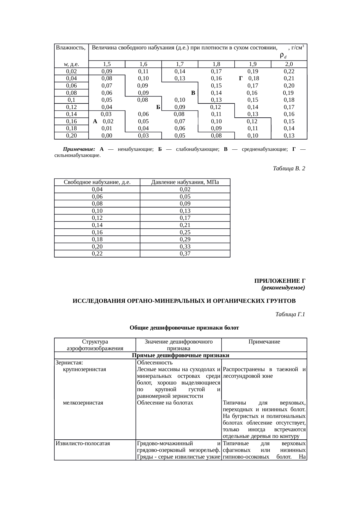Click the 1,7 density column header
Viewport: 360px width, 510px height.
click(x=180, y=64)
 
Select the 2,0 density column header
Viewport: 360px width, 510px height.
click(x=289, y=64)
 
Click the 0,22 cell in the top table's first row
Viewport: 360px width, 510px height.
click(x=289, y=71)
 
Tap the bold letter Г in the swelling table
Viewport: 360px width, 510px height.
click(x=241, y=78)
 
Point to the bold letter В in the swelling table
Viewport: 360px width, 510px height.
click(x=193, y=93)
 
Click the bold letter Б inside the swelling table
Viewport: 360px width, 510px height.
click(x=158, y=107)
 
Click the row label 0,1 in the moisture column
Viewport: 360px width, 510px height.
click(x=71, y=100)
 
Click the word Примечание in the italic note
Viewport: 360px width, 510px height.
click(x=79, y=149)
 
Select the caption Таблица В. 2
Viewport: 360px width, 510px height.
click(x=289, y=169)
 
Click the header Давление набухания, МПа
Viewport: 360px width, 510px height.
click(x=185, y=182)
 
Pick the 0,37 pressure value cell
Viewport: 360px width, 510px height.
click(x=185, y=254)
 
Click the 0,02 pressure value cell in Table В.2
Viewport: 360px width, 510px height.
click(x=185, y=189)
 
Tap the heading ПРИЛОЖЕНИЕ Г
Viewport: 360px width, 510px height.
click(x=280, y=281)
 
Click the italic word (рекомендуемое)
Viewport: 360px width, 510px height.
click(x=283, y=288)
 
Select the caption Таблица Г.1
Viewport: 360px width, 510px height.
click(x=290, y=314)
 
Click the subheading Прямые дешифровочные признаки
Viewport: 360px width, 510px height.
click(x=181, y=356)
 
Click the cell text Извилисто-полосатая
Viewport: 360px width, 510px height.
click(x=83, y=444)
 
